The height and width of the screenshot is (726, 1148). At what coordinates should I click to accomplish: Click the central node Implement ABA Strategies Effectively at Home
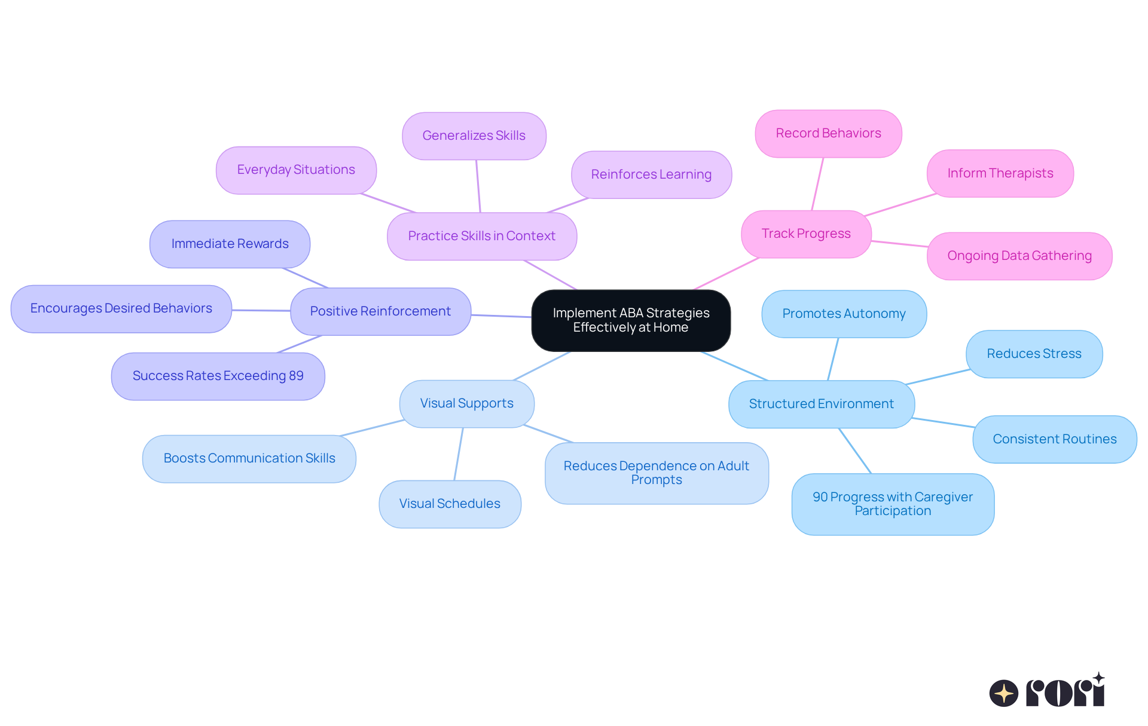tap(631, 320)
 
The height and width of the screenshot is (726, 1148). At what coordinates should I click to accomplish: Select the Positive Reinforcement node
tap(380, 311)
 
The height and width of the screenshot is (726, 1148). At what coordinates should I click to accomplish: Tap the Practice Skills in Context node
tap(481, 236)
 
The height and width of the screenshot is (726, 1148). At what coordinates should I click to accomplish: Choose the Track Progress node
tap(805, 234)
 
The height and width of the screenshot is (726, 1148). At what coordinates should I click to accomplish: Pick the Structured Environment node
tap(821, 404)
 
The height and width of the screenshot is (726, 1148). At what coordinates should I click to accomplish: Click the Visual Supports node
tap(466, 403)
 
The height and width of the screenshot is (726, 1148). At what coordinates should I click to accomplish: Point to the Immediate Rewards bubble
tap(230, 244)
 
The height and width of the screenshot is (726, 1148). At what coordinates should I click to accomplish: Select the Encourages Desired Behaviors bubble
tap(121, 308)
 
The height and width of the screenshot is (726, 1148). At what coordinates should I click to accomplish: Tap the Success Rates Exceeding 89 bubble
tap(218, 376)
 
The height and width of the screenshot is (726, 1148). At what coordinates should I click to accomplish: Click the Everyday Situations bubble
tap(296, 170)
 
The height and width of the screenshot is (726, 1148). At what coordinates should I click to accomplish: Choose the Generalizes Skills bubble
tap(474, 136)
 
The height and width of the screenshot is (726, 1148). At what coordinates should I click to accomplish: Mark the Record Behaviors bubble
tap(828, 133)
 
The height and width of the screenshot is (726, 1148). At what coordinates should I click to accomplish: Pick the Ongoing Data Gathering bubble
tap(1019, 256)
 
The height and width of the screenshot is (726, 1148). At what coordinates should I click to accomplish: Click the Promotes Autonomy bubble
tap(844, 314)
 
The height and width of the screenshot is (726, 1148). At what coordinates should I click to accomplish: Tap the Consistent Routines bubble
tap(1054, 439)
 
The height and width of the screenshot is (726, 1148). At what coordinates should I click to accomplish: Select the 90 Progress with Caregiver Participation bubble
tap(892, 504)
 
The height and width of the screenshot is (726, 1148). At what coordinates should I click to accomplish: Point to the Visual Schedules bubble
tap(450, 504)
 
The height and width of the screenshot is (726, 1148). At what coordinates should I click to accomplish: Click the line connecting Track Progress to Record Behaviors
tap(817, 184)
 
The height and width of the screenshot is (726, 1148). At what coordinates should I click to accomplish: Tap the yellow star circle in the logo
tap(1003, 693)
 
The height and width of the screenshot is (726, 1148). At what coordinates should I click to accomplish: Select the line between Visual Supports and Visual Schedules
tap(459, 454)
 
